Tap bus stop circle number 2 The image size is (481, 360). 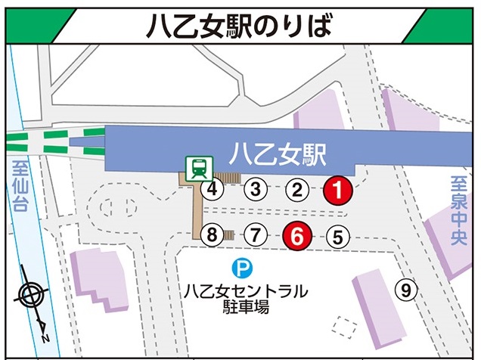pos(298,189)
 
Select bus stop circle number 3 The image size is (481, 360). pos(256,189)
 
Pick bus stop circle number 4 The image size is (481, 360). pos(214,189)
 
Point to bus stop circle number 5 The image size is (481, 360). pos(338,237)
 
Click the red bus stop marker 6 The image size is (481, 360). pos(297,237)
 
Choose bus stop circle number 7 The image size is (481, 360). pos(256,236)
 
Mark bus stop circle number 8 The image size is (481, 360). pos(213,236)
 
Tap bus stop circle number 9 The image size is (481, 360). pos(406,289)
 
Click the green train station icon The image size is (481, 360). pos(199,167)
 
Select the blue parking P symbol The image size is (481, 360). pos(240,268)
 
